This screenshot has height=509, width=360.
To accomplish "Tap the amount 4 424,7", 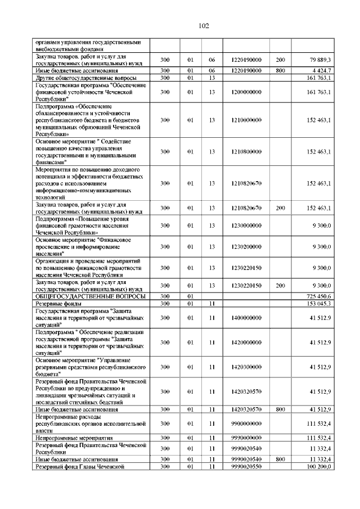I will click(x=321, y=70).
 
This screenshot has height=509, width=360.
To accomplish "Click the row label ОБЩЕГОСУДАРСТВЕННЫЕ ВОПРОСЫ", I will click(x=90, y=296).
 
